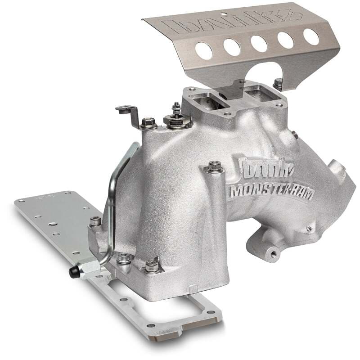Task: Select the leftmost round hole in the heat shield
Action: click(203, 51)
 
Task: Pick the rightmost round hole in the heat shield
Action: click(311, 36)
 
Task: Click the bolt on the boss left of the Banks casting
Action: click(214, 167)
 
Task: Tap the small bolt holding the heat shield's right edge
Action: click(279, 83)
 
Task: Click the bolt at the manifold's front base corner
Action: click(152, 266)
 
